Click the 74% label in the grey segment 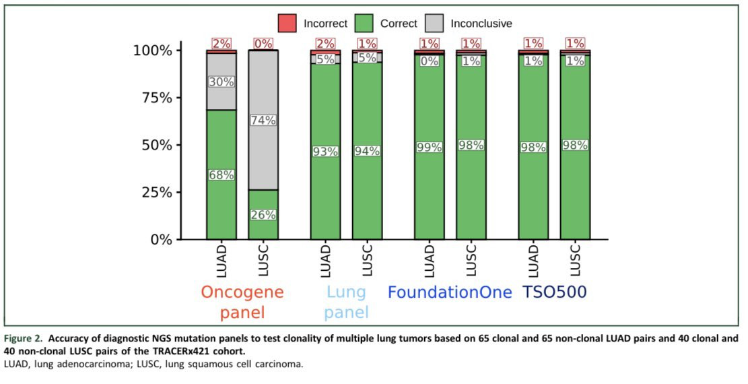pos(263,120)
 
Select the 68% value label pos(222,174)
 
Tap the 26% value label pos(263,215)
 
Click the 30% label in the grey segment pos(222,82)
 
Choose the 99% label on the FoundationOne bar pos(429,148)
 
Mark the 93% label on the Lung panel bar pos(325,152)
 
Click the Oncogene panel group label pos(242,302)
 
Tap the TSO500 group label pos(554,293)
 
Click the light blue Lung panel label pos(347,302)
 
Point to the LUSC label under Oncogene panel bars pos(264,261)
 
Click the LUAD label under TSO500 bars pos(534,261)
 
